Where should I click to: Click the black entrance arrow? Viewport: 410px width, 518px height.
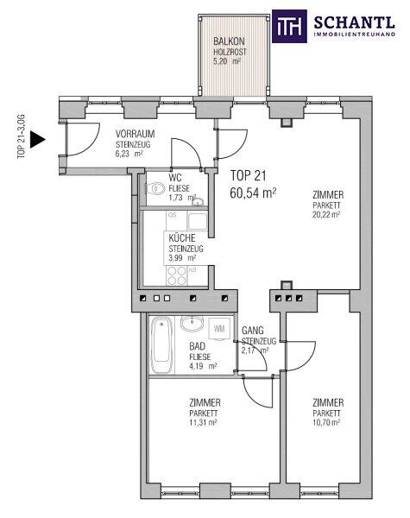[37, 139]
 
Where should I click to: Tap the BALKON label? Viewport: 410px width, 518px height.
[229, 41]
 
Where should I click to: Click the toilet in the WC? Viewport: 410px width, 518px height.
[155, 189]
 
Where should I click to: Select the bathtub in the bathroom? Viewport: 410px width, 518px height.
[162, 344]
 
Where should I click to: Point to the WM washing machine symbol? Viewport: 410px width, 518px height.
[219, 328]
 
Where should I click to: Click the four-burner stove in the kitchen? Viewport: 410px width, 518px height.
[176, 275]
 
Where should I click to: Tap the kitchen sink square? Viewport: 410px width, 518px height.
[198, 221]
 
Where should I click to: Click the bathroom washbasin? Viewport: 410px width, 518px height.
[192, 324]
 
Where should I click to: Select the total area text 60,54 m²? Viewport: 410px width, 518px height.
[253, 193]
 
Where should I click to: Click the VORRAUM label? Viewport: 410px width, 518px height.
[136, 134]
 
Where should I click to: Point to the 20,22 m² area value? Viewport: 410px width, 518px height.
[326, 214]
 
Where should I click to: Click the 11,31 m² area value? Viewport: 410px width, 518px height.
[203, 422]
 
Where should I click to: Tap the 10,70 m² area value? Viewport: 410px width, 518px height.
[326, 422]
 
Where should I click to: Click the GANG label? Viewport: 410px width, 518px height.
[253, 331]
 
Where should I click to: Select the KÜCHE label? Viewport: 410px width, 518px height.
[182, 238]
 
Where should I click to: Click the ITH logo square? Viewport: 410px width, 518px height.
[289, 27]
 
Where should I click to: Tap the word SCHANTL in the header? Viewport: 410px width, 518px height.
[354, 22]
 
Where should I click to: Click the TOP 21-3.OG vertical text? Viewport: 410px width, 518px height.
[21, 136]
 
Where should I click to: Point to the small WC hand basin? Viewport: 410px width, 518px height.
[198, 201]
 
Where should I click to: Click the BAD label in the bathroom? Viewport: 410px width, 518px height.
[198, 346]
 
